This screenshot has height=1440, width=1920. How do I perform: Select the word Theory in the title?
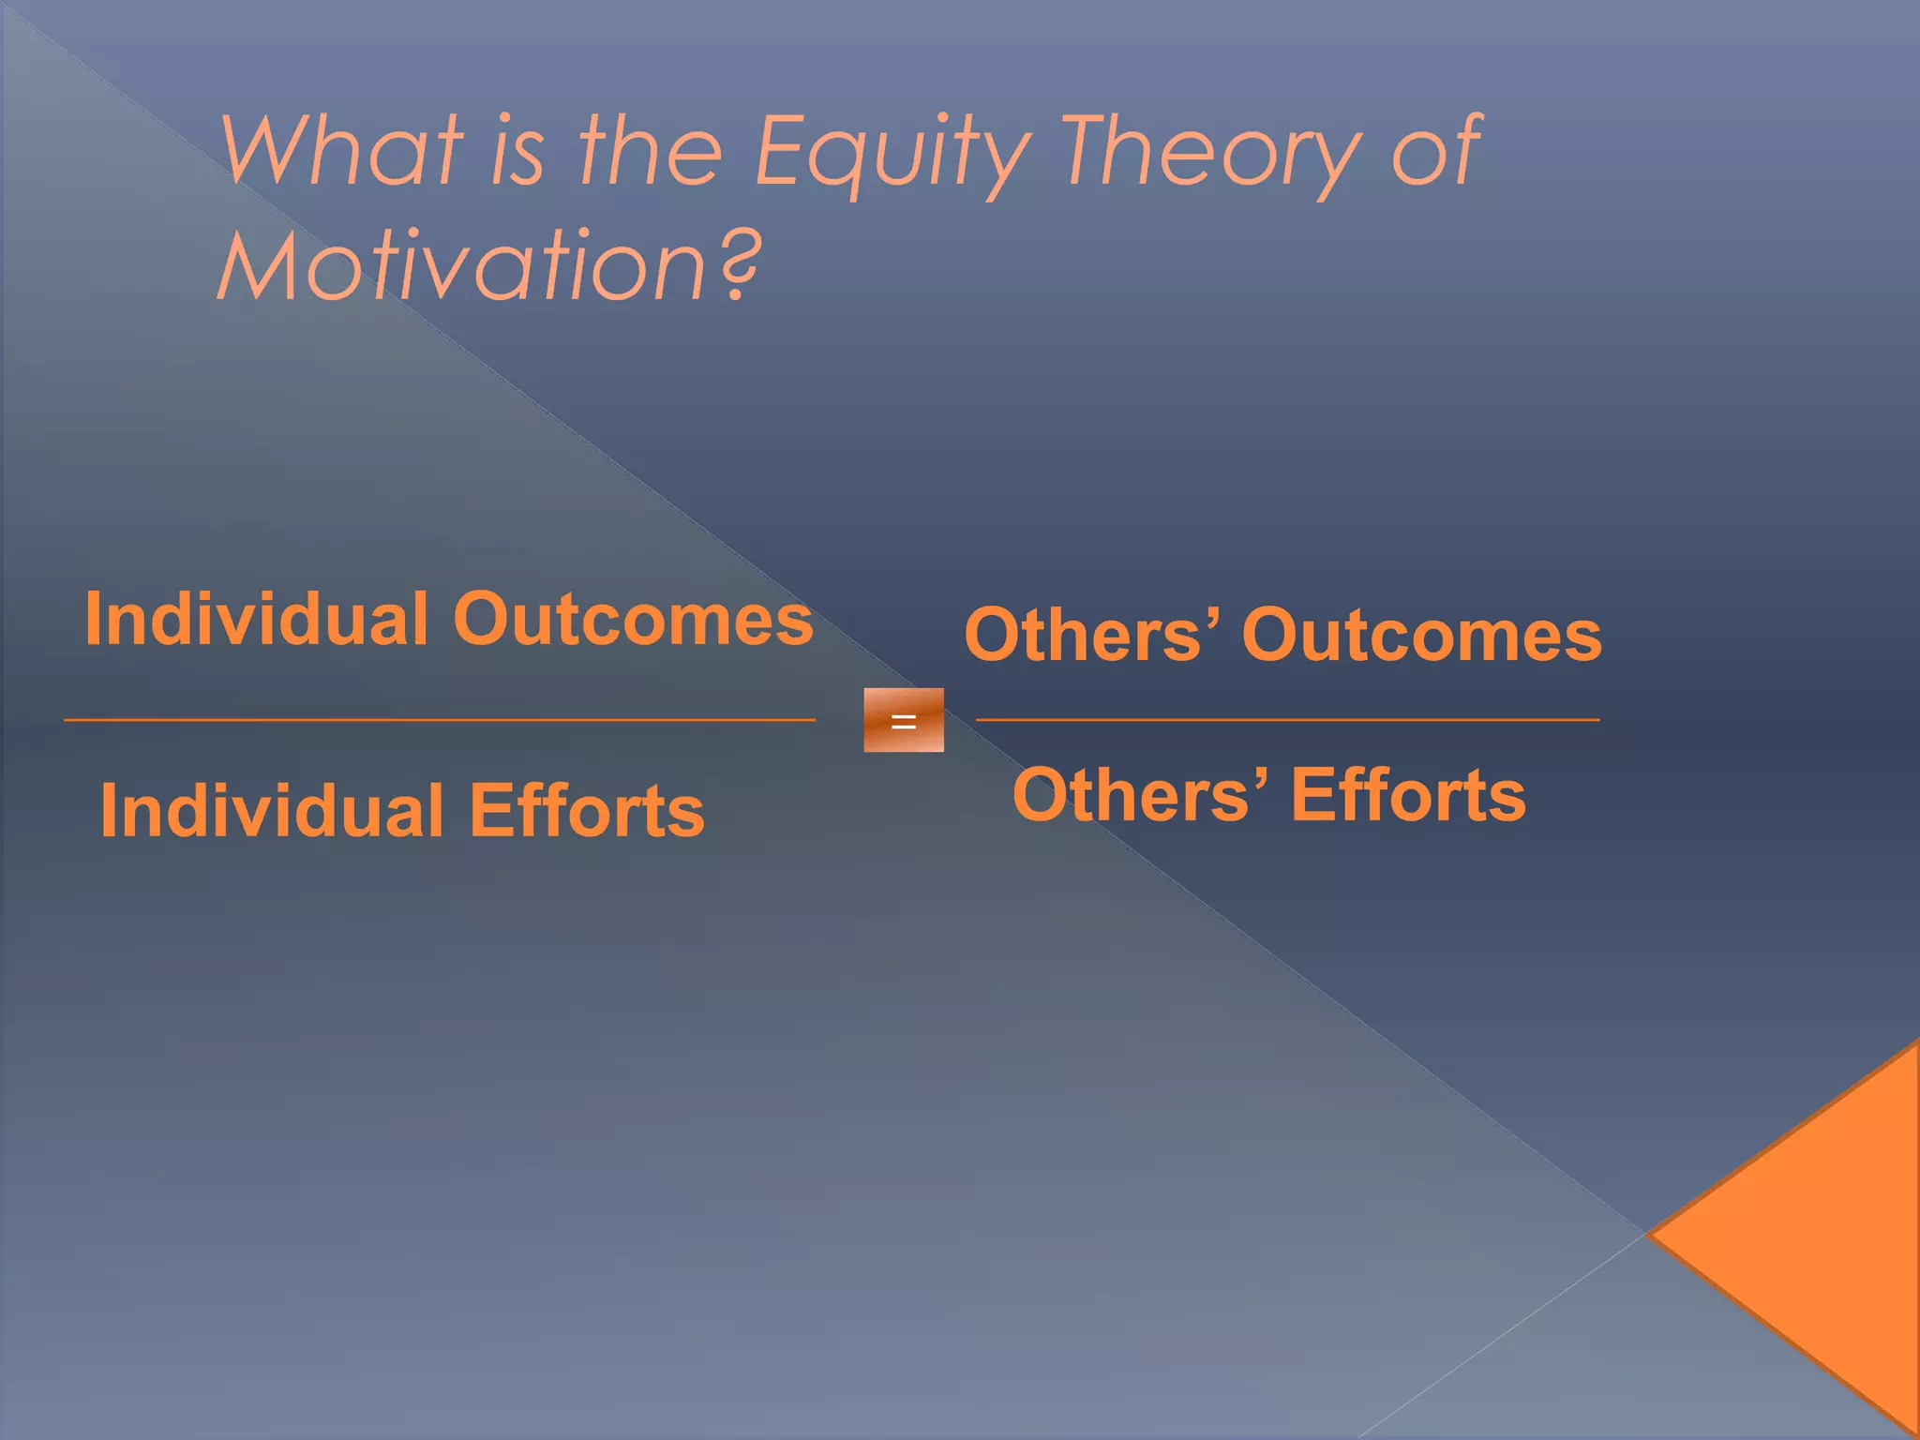point(1210,155)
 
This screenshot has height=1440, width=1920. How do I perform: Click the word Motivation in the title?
point(461,266)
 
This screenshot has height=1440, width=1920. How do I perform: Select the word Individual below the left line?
point(271,811)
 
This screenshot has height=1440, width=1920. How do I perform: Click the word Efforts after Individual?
point(587,811)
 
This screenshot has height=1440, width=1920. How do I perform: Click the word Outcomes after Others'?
point(1421,636)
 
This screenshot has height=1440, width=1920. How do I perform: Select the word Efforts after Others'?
point(1408,795)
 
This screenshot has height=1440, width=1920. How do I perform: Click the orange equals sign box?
point(904,720)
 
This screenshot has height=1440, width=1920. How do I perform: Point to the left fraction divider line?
point(440,720)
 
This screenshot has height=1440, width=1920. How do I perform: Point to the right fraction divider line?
point(1287,720)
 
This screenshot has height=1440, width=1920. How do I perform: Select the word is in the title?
point(516,150)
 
